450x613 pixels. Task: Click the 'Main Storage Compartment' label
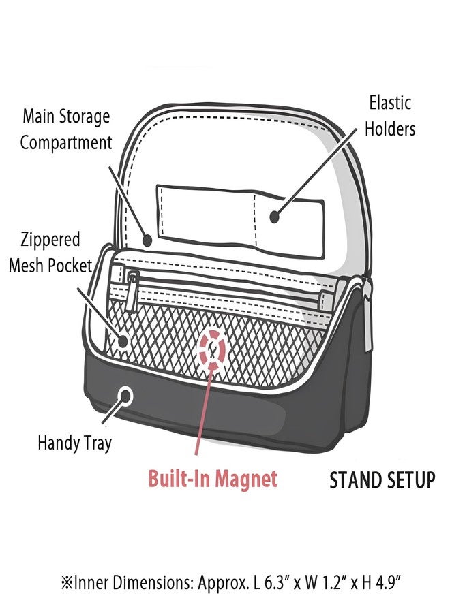pos(65,129)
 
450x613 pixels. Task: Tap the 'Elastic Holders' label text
pos(390,116)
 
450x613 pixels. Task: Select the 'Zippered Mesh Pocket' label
pos(50,253)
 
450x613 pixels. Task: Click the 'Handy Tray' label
pos(75,443)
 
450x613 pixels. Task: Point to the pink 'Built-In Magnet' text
pos(213,478)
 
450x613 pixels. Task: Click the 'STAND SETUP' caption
pos(382,480)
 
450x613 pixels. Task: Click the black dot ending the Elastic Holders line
pos(275,217)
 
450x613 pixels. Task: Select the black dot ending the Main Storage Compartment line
pos(147,240)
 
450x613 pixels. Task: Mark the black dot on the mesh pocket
pos(123,341)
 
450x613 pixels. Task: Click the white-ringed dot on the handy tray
pos(126,396)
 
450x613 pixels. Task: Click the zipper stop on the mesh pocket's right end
pos(325,300)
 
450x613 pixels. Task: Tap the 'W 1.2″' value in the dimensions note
pos(322,584)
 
